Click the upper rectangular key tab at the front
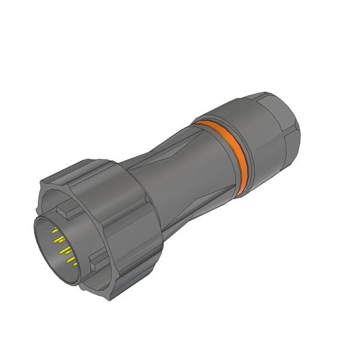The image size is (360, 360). (x=70, y=211)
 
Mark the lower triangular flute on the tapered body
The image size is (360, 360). (x=198, y=207)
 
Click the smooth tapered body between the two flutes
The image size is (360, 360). (x=180, y=180)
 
